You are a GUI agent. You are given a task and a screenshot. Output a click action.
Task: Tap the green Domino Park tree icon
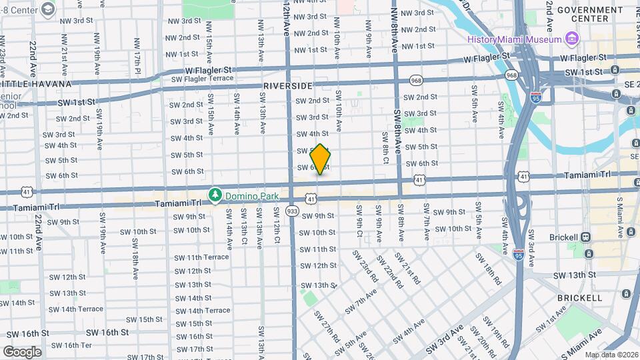(215, 195)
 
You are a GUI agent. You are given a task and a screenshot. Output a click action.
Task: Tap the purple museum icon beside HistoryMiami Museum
(572, 39)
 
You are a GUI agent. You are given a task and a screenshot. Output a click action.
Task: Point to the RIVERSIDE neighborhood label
(287, 87)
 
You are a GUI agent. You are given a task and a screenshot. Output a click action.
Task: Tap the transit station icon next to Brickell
(586, 237)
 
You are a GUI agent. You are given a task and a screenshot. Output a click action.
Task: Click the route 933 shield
(292, 211)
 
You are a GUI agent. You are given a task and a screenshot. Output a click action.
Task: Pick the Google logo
(22, 351)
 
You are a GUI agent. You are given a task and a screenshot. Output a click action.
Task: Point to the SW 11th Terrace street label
(201, 257)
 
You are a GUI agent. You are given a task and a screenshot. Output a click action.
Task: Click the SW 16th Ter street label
(72, 345)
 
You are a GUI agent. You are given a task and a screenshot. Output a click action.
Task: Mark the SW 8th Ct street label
(385, 147)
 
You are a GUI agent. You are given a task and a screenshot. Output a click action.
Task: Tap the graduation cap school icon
(47, 9)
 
